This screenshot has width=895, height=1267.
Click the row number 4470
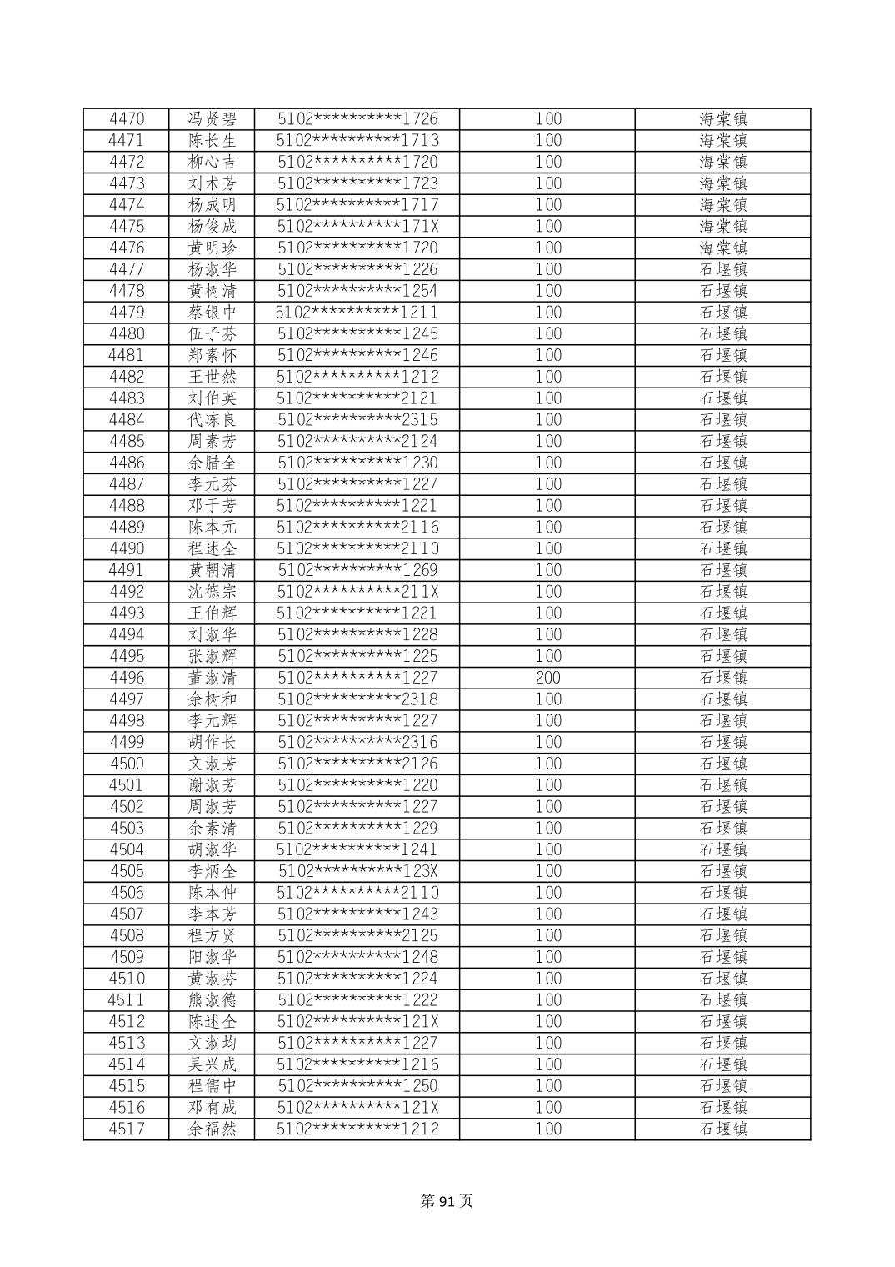coord(127,119)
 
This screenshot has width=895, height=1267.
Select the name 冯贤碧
coord(212,119)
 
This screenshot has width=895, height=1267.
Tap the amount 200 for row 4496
coord(547,678)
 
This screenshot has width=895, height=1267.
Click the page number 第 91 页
coord(447,1201)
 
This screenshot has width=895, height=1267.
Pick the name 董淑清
coord(212,678)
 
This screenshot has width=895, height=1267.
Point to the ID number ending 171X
coord(357,227)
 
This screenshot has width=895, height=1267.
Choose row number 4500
coord(127,764)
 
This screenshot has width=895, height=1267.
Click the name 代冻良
coord(212,420)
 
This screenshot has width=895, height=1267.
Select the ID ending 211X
coord(357,592)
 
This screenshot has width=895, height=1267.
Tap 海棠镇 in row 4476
coord(722,248)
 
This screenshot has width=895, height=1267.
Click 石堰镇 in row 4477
coord(722,269)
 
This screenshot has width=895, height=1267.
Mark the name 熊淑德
coord(212,1000)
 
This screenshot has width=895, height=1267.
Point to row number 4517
coord(127,1129)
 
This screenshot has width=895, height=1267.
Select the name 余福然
coord(212,1129)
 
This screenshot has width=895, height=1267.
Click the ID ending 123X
coord(357,871)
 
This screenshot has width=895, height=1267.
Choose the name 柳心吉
coord(212,162)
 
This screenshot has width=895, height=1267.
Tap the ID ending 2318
coord(357,699)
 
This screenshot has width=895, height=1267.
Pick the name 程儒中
coord(212,1086)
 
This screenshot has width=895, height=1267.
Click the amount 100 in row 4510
coord(547,979)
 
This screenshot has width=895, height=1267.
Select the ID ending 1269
coord(357,570)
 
